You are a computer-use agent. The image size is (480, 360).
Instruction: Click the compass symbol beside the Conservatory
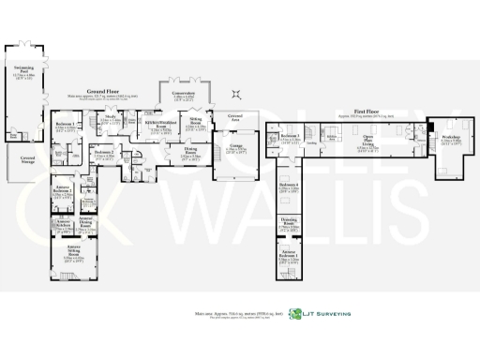click(236, 92)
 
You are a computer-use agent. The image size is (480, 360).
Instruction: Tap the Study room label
click(111, 119)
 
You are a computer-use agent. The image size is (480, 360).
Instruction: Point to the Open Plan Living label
click(371, 144)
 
